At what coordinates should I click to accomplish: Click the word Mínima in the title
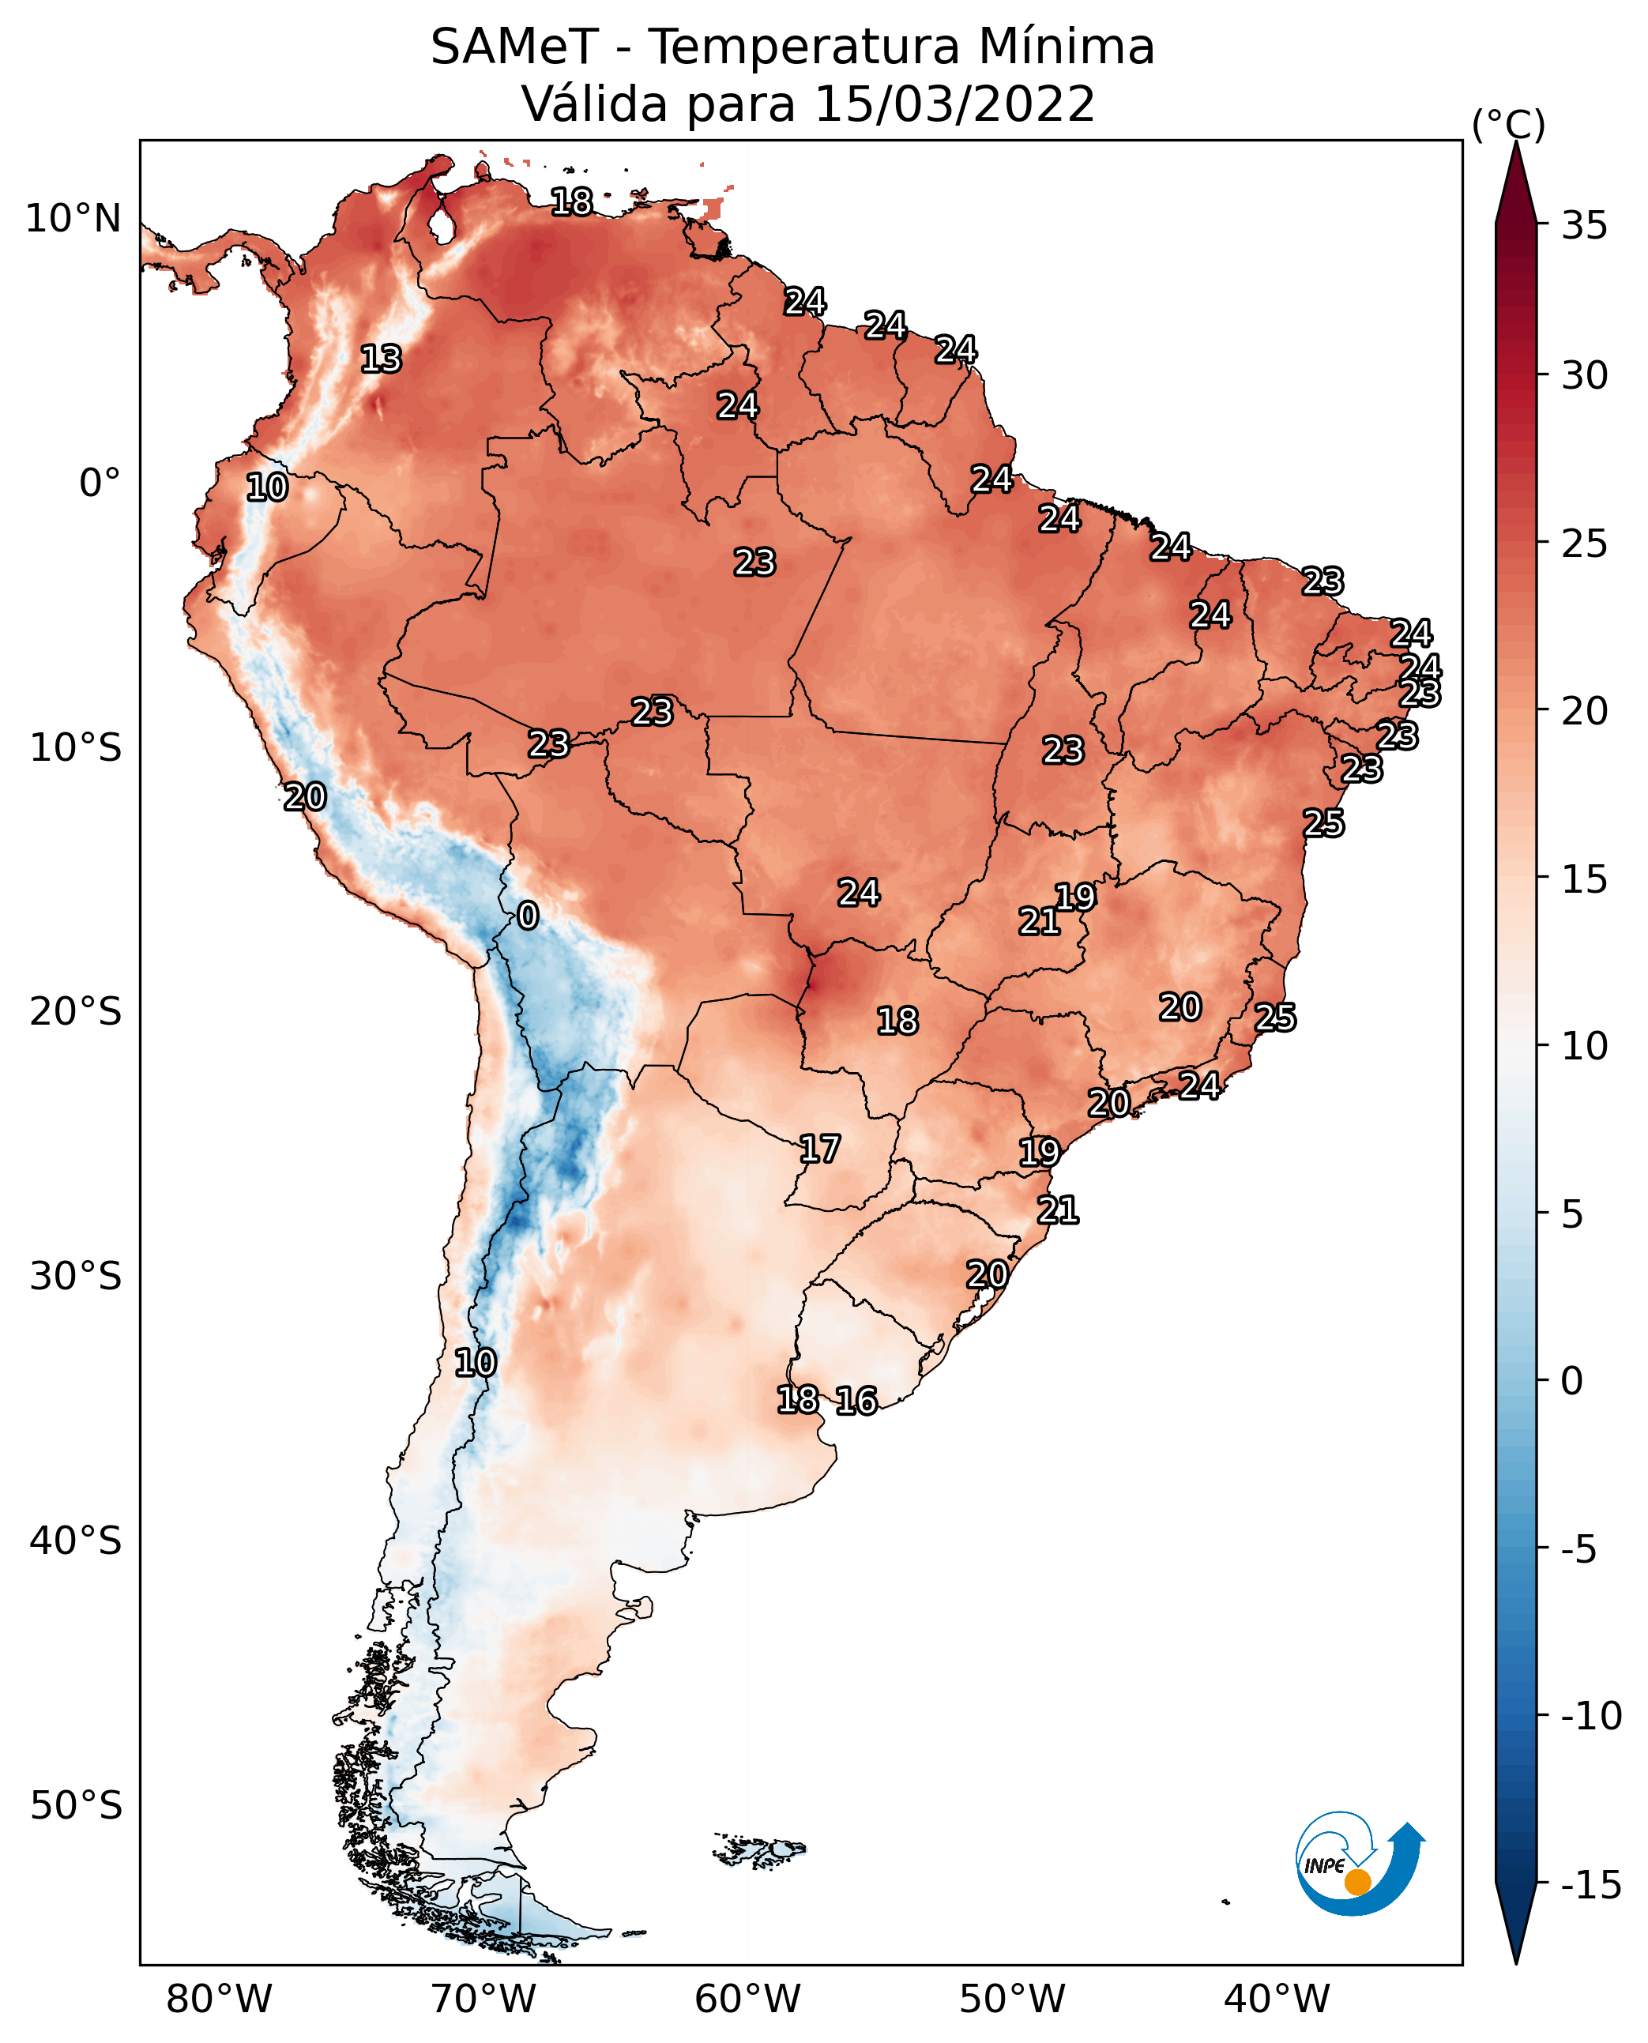point(1065,47)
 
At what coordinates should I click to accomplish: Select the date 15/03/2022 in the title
point(954,104)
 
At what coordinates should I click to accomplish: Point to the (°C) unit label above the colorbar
point(1508,124)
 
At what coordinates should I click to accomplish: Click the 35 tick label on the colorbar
point(1584,226)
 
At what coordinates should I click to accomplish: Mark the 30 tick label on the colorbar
point(1584,376)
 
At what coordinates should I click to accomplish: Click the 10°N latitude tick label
point(73,220)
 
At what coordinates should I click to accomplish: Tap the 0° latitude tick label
point(100,483)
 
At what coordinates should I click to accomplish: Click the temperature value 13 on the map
point(381,359)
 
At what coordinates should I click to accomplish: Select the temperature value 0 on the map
point(528,916)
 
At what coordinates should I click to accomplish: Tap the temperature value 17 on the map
point(819,1149)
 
